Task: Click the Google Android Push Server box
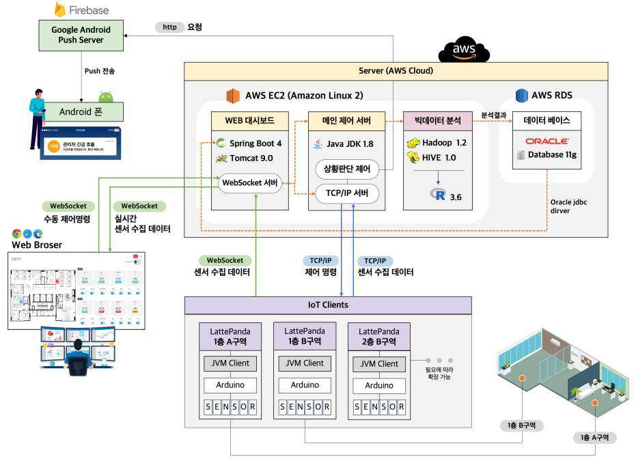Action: coord(81,36)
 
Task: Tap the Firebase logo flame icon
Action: coord(60,10)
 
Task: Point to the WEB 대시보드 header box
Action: coord(249,122)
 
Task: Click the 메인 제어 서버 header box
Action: coord(346,122)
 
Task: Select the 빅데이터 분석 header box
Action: coord(437,122)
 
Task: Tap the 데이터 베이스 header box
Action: coord(547,122)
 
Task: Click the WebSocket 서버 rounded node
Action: coord(251,183)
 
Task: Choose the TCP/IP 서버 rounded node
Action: coord(347,194)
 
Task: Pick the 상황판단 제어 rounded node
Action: coord(347,168)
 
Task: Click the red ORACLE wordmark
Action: coord(547,141)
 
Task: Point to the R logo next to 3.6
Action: coord(439,195)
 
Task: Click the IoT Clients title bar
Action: coord(329,305)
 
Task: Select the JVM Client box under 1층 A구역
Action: coord(230,363)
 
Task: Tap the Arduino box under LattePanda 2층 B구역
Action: coord(379,385)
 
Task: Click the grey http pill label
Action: coord(169,27)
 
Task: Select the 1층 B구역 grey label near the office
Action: coord(522,425)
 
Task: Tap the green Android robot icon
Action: coord(106,97)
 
